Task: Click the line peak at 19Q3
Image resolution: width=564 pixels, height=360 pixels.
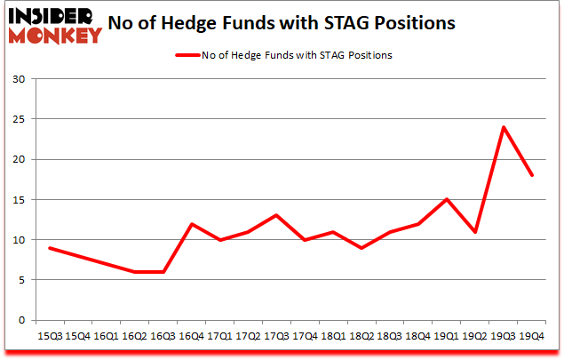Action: [504, 127]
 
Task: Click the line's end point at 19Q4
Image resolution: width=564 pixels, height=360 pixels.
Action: [532, 175]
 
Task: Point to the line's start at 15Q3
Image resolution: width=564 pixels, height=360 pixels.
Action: [50, 248]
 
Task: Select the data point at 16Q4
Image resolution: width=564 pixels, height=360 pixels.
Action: [192, 224]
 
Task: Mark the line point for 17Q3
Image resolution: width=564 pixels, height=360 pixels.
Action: [277, 215]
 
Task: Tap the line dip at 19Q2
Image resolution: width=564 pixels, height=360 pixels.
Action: [475, 232]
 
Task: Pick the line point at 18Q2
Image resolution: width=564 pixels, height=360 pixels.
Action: [361, 248]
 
